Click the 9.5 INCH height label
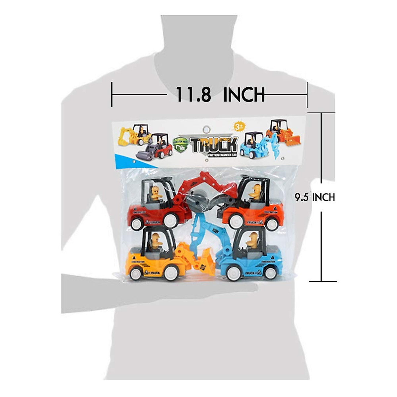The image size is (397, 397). click(315, 198)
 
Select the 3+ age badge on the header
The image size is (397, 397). click(239, 126)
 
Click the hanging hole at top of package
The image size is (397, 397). click(207, 129)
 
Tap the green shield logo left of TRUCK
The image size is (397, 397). click(181, 145)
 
